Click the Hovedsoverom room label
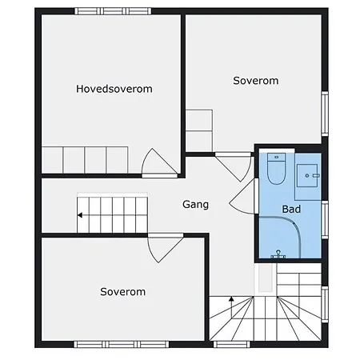tap(114, 89)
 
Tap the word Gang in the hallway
tap(195, 205)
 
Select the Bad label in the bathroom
tap(291, 209)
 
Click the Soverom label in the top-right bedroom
tap(256, 81)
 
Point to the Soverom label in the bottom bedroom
tap(122, 292)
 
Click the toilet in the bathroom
tap(276, 169)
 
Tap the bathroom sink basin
tap(307, 175)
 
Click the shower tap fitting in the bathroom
tap(278, 254)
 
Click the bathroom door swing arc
tap(242, 196)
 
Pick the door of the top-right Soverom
tap(234, 166)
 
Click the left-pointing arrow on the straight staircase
tap(80, 215)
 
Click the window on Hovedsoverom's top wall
tap(113, 11)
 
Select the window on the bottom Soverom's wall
tap(122, 344)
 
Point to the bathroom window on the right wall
tap(325, 219)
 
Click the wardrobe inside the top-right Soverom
tap(199, 130)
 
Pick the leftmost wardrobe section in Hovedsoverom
tap(52, 160)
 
